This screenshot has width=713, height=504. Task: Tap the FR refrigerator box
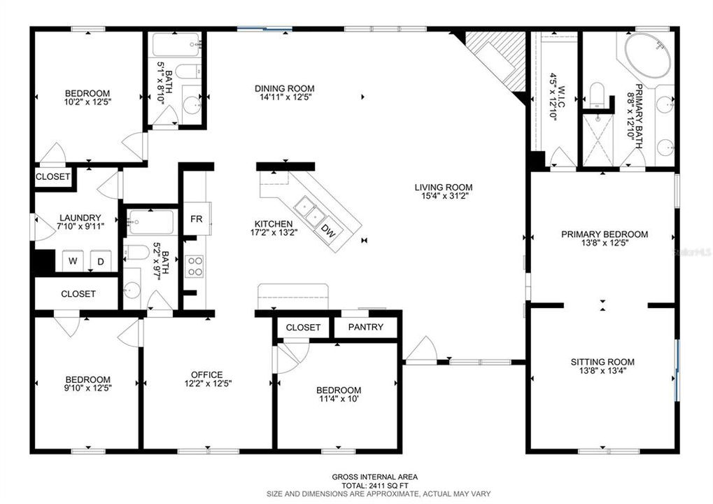[x=197, y=218]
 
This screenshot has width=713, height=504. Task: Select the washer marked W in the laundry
[x=72, y=262]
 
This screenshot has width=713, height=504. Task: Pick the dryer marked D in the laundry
[x=100, y=262]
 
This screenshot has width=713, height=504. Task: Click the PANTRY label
[x=366, y=327]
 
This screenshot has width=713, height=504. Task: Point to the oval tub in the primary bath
[x=648, y=55]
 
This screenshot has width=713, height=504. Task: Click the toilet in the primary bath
[x=596, y=94]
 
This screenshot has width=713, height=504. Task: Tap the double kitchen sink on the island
[x=308, y=209]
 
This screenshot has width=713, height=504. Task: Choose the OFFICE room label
[x=207, y=374]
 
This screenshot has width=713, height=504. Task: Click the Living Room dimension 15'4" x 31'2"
[x=443, y=197]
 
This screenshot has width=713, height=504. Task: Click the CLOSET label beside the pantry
[x=303, y=327]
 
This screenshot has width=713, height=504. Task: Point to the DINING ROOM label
[x=284, y=88]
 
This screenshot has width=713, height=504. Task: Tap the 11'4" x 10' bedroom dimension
[x=339, y=400]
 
